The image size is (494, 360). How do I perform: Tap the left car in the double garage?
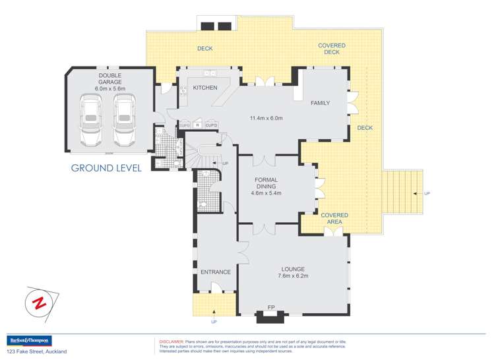click(92, 121)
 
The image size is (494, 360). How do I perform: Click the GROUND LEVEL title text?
click(106, 168)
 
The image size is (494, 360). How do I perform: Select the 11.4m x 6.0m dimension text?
click(266, 119)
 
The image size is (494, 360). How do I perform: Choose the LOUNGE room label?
click(293, 268)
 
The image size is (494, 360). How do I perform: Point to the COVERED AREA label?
click(334, 219)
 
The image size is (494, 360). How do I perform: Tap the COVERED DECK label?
click(332, 49)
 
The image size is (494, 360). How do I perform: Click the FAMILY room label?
click(320, 103)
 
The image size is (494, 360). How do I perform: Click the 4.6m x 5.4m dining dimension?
click(266, 193)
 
